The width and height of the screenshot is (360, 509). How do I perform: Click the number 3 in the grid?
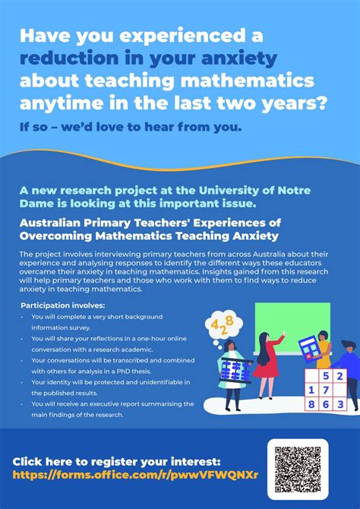coord(339,405)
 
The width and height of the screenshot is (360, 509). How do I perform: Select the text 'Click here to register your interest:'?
coord(116,461)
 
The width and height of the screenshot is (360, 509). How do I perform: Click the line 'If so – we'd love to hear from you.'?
coord(131,126)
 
